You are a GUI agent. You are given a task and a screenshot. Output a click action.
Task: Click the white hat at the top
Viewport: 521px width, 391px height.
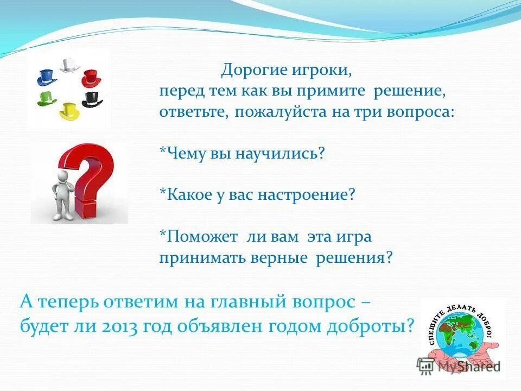pos(68,65)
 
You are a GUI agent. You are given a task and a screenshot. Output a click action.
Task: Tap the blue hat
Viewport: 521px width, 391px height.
pos(47,77)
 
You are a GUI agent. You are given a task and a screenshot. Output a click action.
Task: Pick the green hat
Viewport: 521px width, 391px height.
pos(47,98)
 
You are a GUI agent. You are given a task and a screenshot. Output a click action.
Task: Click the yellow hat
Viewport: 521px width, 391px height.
pos(69,111)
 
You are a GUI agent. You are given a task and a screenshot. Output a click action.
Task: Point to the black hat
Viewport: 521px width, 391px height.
pos(92,99)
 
